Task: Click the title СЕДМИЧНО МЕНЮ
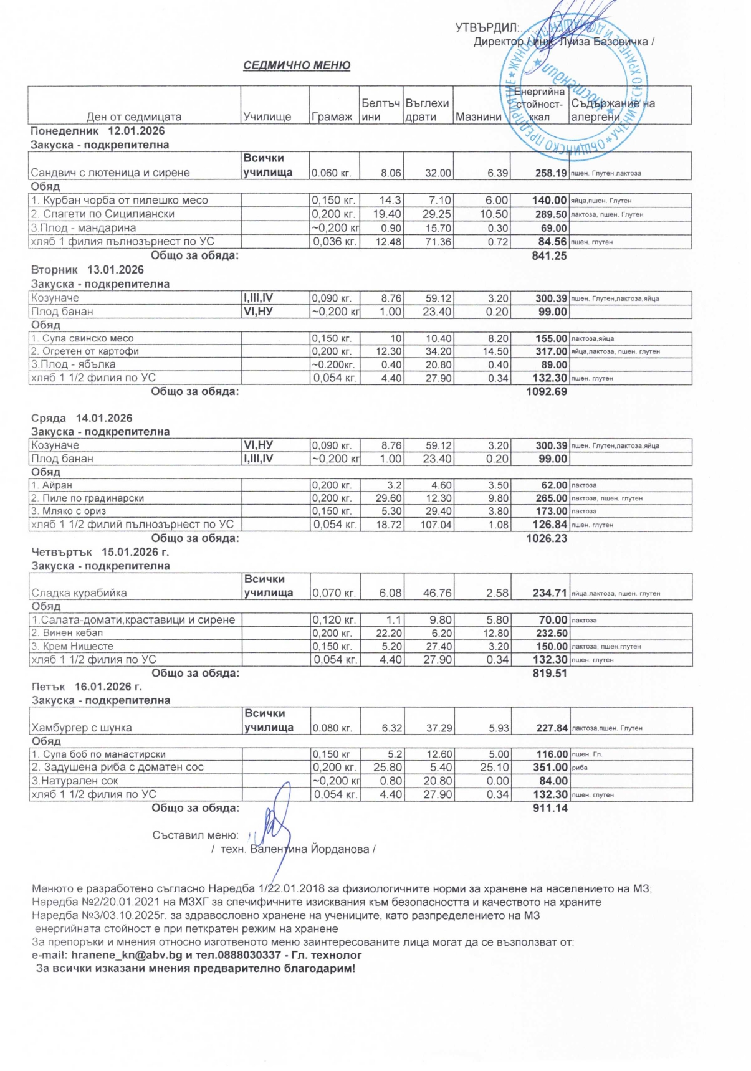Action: (x=297, y=65)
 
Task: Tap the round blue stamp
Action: (x=575, y=88)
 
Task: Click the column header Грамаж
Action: (x=332, y=117)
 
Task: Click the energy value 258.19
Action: (x=550, y=173)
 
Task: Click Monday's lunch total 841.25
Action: (x=548, y=255)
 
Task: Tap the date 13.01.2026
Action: (x=115, y=270)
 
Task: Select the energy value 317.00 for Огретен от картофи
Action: (x=551, y=351)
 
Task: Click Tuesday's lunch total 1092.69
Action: (x=546, y=392)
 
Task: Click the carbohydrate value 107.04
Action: (x=436, y=525)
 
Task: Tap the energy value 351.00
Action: (x=550, y=768)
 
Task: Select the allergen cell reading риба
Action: (x=580, y=768)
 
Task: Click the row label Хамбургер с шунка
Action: (x=82, y=728)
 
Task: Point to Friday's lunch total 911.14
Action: (x=550, y=808)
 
